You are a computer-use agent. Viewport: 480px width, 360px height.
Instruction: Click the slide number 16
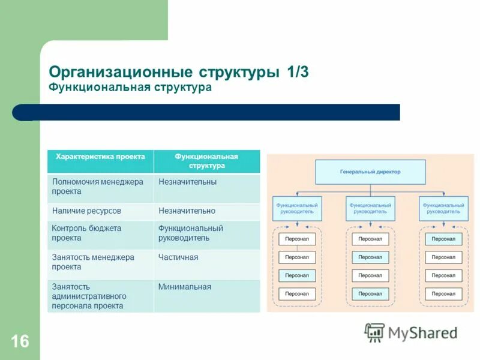point(19,341)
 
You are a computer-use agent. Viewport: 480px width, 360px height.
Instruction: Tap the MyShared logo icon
point(374,332)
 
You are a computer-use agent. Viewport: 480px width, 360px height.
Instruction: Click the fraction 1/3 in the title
point(298,72)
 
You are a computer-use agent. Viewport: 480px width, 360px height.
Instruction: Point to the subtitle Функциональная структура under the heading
point(130,88)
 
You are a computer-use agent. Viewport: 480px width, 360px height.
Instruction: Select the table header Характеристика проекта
point(100,157)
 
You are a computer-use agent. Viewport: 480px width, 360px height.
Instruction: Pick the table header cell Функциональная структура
point(206,161)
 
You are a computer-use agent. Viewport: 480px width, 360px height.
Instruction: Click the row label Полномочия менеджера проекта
point(98,187)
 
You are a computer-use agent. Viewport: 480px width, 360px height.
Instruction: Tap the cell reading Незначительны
point(187,182)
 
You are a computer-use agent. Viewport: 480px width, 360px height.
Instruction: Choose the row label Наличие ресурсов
point(86,211)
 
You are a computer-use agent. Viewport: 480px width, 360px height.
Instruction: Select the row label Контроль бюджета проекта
point(86,233)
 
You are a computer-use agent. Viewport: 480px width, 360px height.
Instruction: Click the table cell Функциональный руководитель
point(190,233)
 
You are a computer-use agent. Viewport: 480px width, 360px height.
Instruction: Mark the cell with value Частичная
point(178,257)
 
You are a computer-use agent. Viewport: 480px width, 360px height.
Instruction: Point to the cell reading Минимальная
point(185,287)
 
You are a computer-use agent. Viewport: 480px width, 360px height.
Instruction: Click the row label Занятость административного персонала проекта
point(89,296)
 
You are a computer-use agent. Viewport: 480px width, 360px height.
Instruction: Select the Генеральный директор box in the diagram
point(370,172)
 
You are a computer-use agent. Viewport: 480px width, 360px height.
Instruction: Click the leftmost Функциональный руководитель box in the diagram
point(297,208)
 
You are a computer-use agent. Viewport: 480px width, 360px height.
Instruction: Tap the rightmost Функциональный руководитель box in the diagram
point(443,208)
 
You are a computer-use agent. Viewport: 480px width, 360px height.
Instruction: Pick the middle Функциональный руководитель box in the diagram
point(370,208)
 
